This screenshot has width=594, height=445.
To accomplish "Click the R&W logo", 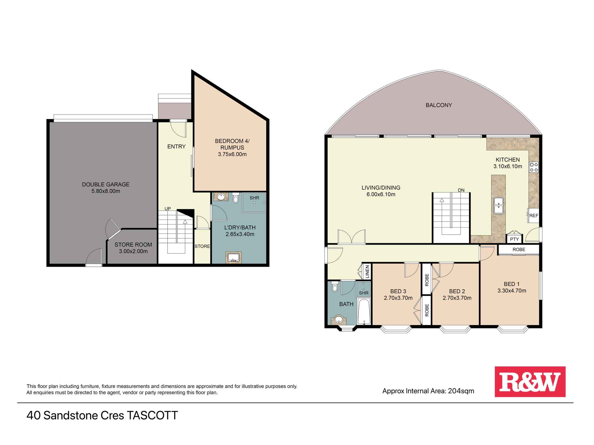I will point(530,382).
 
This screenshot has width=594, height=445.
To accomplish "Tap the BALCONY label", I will point(439,105).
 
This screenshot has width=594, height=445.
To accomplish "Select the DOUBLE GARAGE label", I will point(106,184).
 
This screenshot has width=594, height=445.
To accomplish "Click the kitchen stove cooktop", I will point(534,167).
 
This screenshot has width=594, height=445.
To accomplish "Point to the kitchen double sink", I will point(498,205).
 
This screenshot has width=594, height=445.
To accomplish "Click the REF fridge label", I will point(534,216).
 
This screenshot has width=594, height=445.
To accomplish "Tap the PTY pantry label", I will point(514,239).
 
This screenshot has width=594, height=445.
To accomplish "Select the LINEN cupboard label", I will point(367,271).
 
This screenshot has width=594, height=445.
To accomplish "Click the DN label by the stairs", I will point(461,190).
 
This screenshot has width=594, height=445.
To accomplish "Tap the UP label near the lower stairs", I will point(168,209).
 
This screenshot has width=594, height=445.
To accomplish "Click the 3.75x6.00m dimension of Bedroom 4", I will point(232,154).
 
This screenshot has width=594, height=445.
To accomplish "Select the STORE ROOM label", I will point(133,245).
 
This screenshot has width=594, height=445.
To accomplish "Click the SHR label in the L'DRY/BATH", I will point(254,198).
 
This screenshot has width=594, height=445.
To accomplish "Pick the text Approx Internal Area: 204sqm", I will point(428,391).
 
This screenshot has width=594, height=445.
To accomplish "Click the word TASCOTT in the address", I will point(152,415).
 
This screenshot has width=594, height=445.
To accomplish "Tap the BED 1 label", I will point(511,284).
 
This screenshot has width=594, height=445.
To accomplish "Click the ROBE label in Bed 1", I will point(519,249).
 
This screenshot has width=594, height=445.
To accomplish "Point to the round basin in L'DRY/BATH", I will point(221,196).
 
